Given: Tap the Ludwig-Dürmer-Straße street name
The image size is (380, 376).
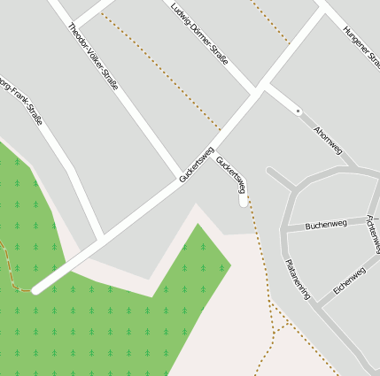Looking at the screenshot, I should point(198,34).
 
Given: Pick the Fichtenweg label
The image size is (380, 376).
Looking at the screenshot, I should point(371,234).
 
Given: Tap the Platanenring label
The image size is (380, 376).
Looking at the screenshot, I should point(298,279).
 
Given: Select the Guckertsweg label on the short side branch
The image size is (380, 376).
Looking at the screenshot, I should point(230,175).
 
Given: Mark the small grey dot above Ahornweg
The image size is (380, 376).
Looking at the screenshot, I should point(299,111).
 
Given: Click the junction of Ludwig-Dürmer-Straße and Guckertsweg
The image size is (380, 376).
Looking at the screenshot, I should point(258,92).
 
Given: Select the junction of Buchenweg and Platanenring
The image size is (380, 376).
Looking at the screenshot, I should point(285,229).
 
